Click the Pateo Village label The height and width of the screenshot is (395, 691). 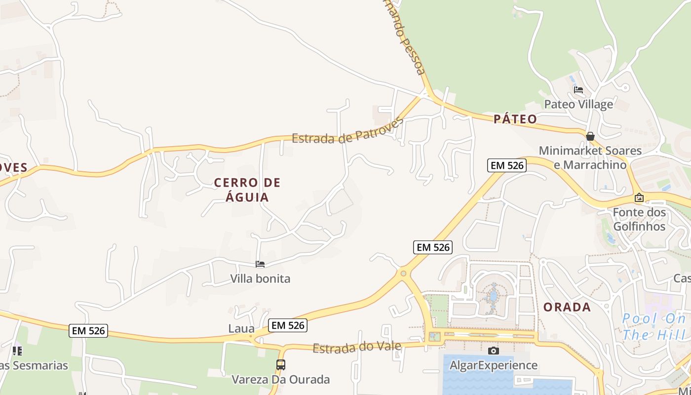coord(578,104)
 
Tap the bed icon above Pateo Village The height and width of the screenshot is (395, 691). coord(578,90)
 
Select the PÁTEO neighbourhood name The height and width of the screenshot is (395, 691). coord(515,119)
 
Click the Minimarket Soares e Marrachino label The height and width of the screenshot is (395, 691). coord(590,158)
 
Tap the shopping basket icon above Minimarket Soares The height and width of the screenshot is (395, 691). coord(590,136)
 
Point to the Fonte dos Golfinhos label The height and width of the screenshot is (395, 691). coord(639,219)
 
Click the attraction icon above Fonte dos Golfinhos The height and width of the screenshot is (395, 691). coord(639,197)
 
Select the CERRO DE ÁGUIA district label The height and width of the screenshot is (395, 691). coord(247,190)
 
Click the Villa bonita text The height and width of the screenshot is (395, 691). coord(260,278)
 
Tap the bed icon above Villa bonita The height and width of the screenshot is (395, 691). coord(260,264)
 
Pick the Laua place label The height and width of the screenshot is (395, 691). coord(241,328)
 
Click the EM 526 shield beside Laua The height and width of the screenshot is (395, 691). coord(288,325)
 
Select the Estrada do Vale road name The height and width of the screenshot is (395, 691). coord(357,348)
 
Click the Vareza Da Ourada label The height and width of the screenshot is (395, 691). coord(281,380)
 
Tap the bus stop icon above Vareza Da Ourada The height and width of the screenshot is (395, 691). coord(280,365)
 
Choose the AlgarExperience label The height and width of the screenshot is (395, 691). coord(493,365)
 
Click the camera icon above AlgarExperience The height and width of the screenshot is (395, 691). coord(493,351)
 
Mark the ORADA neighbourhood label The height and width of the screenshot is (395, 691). coord(567,307)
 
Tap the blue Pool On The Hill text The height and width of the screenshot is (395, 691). coord(654,326)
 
